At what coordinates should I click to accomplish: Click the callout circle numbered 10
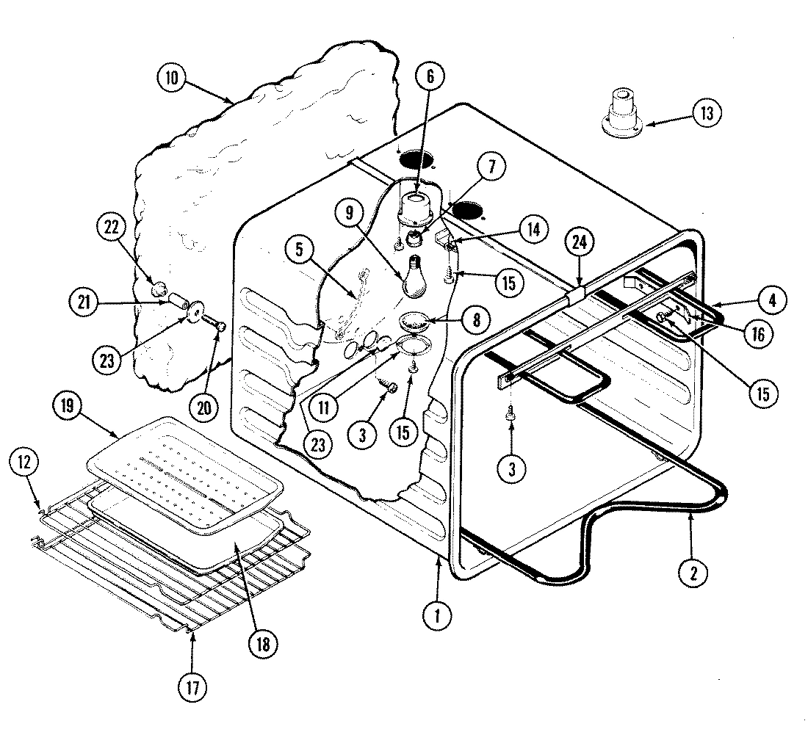[x=171, y=79]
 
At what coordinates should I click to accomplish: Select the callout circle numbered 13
[x=707, y=114]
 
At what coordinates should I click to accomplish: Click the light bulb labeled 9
[x=416, y=279]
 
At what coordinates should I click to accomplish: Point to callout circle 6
[x=430, y=76]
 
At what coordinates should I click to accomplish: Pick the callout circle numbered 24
[x=580, y=243]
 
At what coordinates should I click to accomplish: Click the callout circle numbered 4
[x=773, y=300]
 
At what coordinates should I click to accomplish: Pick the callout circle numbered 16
[x=758, y=335]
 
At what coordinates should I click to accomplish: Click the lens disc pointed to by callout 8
[x=416, y=321]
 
